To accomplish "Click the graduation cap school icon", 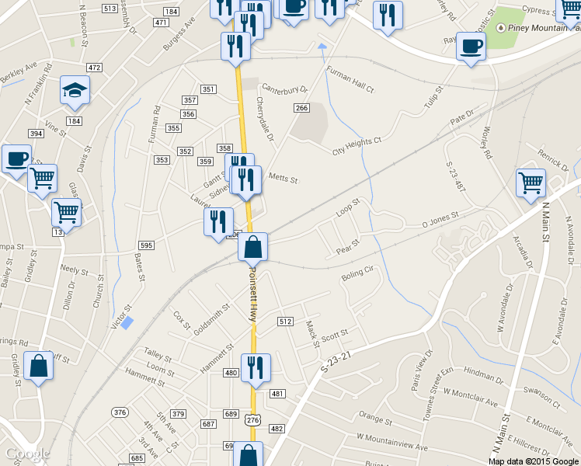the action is point(75,91).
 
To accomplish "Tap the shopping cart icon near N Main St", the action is point(531,183).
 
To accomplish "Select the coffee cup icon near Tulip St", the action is point(471,46).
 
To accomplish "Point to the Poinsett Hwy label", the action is point(252,295).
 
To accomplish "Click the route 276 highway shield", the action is point(252,419).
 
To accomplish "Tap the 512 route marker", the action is point(285,322).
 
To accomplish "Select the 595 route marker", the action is point(146,245).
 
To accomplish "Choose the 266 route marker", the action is point(301,107).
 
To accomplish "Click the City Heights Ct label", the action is point(357,145).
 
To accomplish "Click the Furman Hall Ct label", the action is point(350,82).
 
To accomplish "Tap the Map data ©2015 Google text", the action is point(533,461).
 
